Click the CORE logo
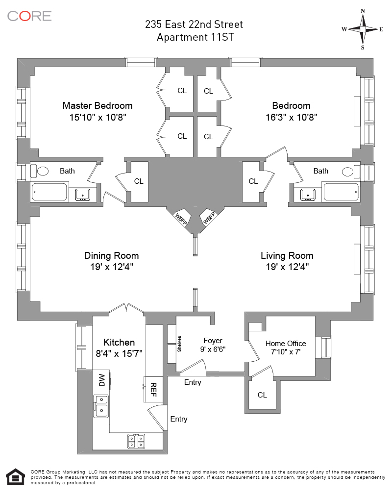pyautogui.click(x=29, y=16)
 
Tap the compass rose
pyautogui.click(x=363, y=29)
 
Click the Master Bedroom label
pyautogui.click(x=98, y=105)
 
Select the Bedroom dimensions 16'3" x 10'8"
pyautogui.click(x=292, y=118)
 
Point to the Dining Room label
pyautogui.click(x=111, y=255)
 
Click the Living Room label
pyautogui.click(x=287, y=255)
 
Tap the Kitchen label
pyautogui.click(x=119, y=342)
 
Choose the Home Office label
pyautogui.click(x=286, y=343)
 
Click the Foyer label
pyautogui.click(x=213, y=340)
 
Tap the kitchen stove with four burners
pyautogui.click(x=136, y=441)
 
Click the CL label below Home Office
pyautogui.click(x=262, y=395)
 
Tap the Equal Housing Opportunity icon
pyautogui.click(x=15, y=477)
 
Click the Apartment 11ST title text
pyautogui.click(x=194, y=37)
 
